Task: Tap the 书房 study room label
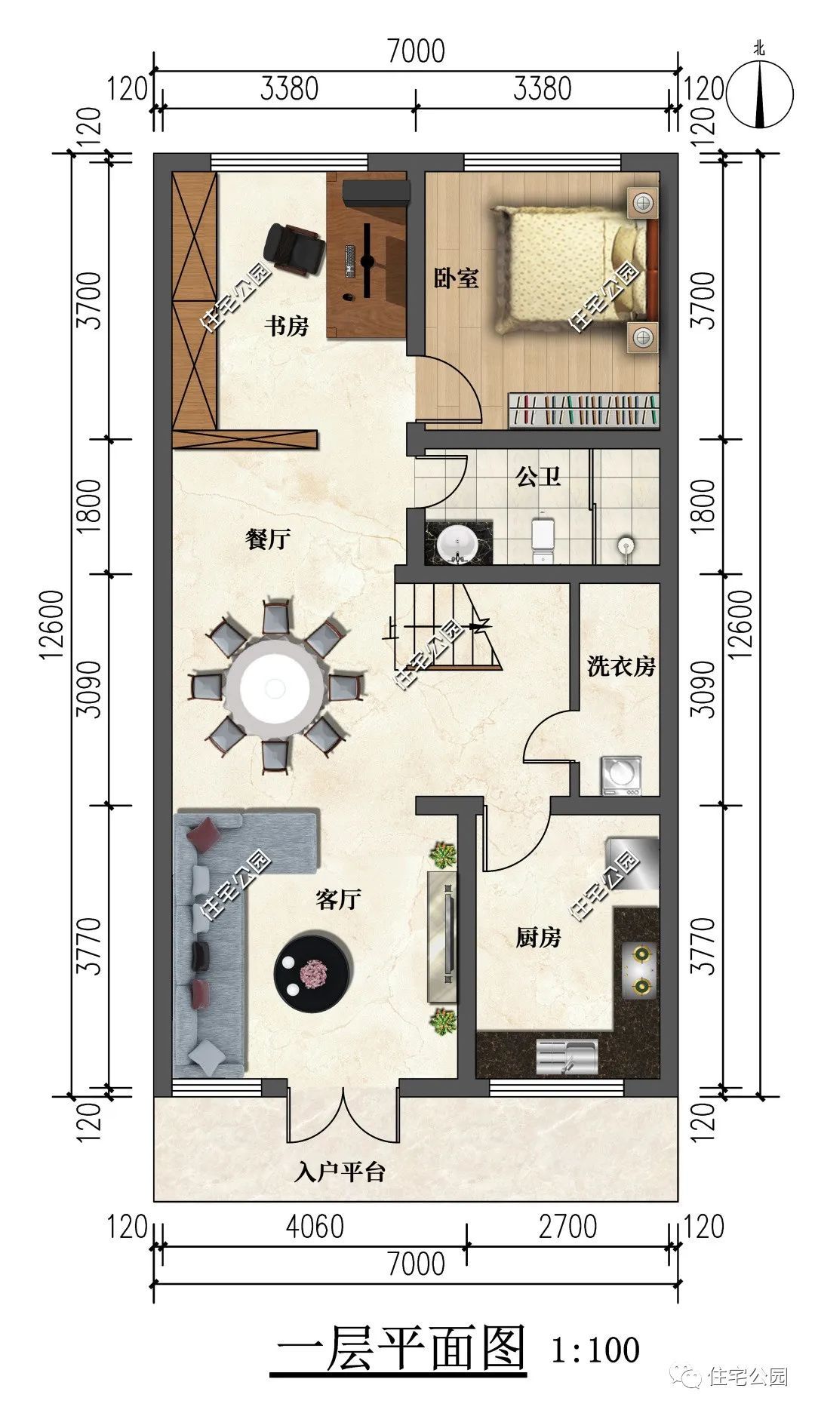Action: (x=287, y=327)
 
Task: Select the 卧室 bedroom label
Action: (x=457, y=278)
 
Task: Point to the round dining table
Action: (x=275, y=687)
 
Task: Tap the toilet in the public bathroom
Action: (x=543, y=536)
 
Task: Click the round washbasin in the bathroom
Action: (x=458, y=542)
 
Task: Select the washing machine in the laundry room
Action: (x=621, y=776)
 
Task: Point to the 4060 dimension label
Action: (x=315, y=1227)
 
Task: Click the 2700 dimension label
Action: (x=567, y=1227)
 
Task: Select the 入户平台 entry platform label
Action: (x=340, y=1172)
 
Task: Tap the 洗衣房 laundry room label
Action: (x=621, y=666)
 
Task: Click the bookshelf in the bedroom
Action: (x=583, y=410)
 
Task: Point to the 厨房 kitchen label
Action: (x=538, y=938)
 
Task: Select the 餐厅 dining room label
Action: (x=268, y=539)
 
